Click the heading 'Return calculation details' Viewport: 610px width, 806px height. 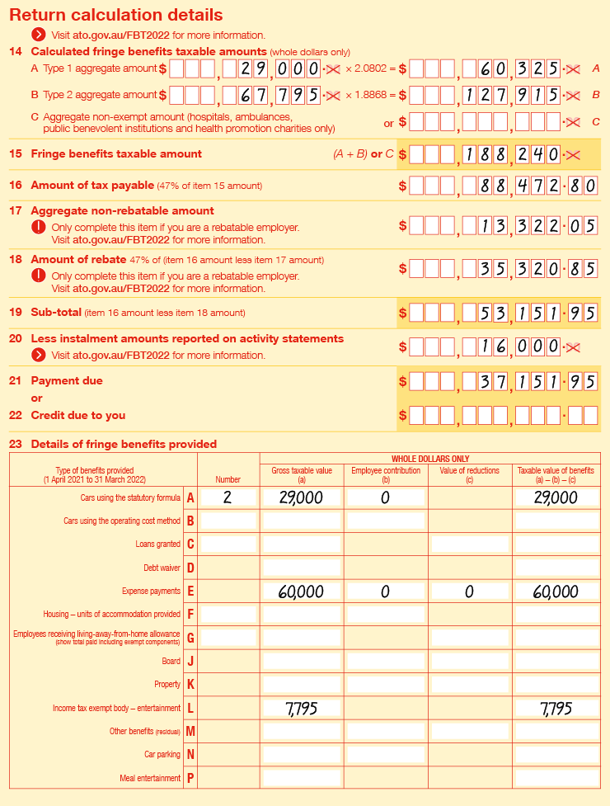[116, 15]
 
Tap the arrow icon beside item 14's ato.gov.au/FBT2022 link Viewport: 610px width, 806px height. [39, 35]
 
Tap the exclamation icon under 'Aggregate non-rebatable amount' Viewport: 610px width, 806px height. [39, 227]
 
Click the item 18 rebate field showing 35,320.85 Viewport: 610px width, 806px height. [504, 268]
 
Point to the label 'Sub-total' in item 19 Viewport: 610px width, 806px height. [55, 313]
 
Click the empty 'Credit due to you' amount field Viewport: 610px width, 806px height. [504, 415]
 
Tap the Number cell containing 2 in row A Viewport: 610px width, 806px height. [228, 497]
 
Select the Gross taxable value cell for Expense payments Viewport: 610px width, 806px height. [301, 592]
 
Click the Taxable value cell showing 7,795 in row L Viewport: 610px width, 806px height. [556, 709]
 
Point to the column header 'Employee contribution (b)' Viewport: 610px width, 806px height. [385, 474]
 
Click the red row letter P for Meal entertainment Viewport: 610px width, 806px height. [190, 778]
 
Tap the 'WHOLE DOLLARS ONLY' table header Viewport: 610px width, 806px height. [429, 458]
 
